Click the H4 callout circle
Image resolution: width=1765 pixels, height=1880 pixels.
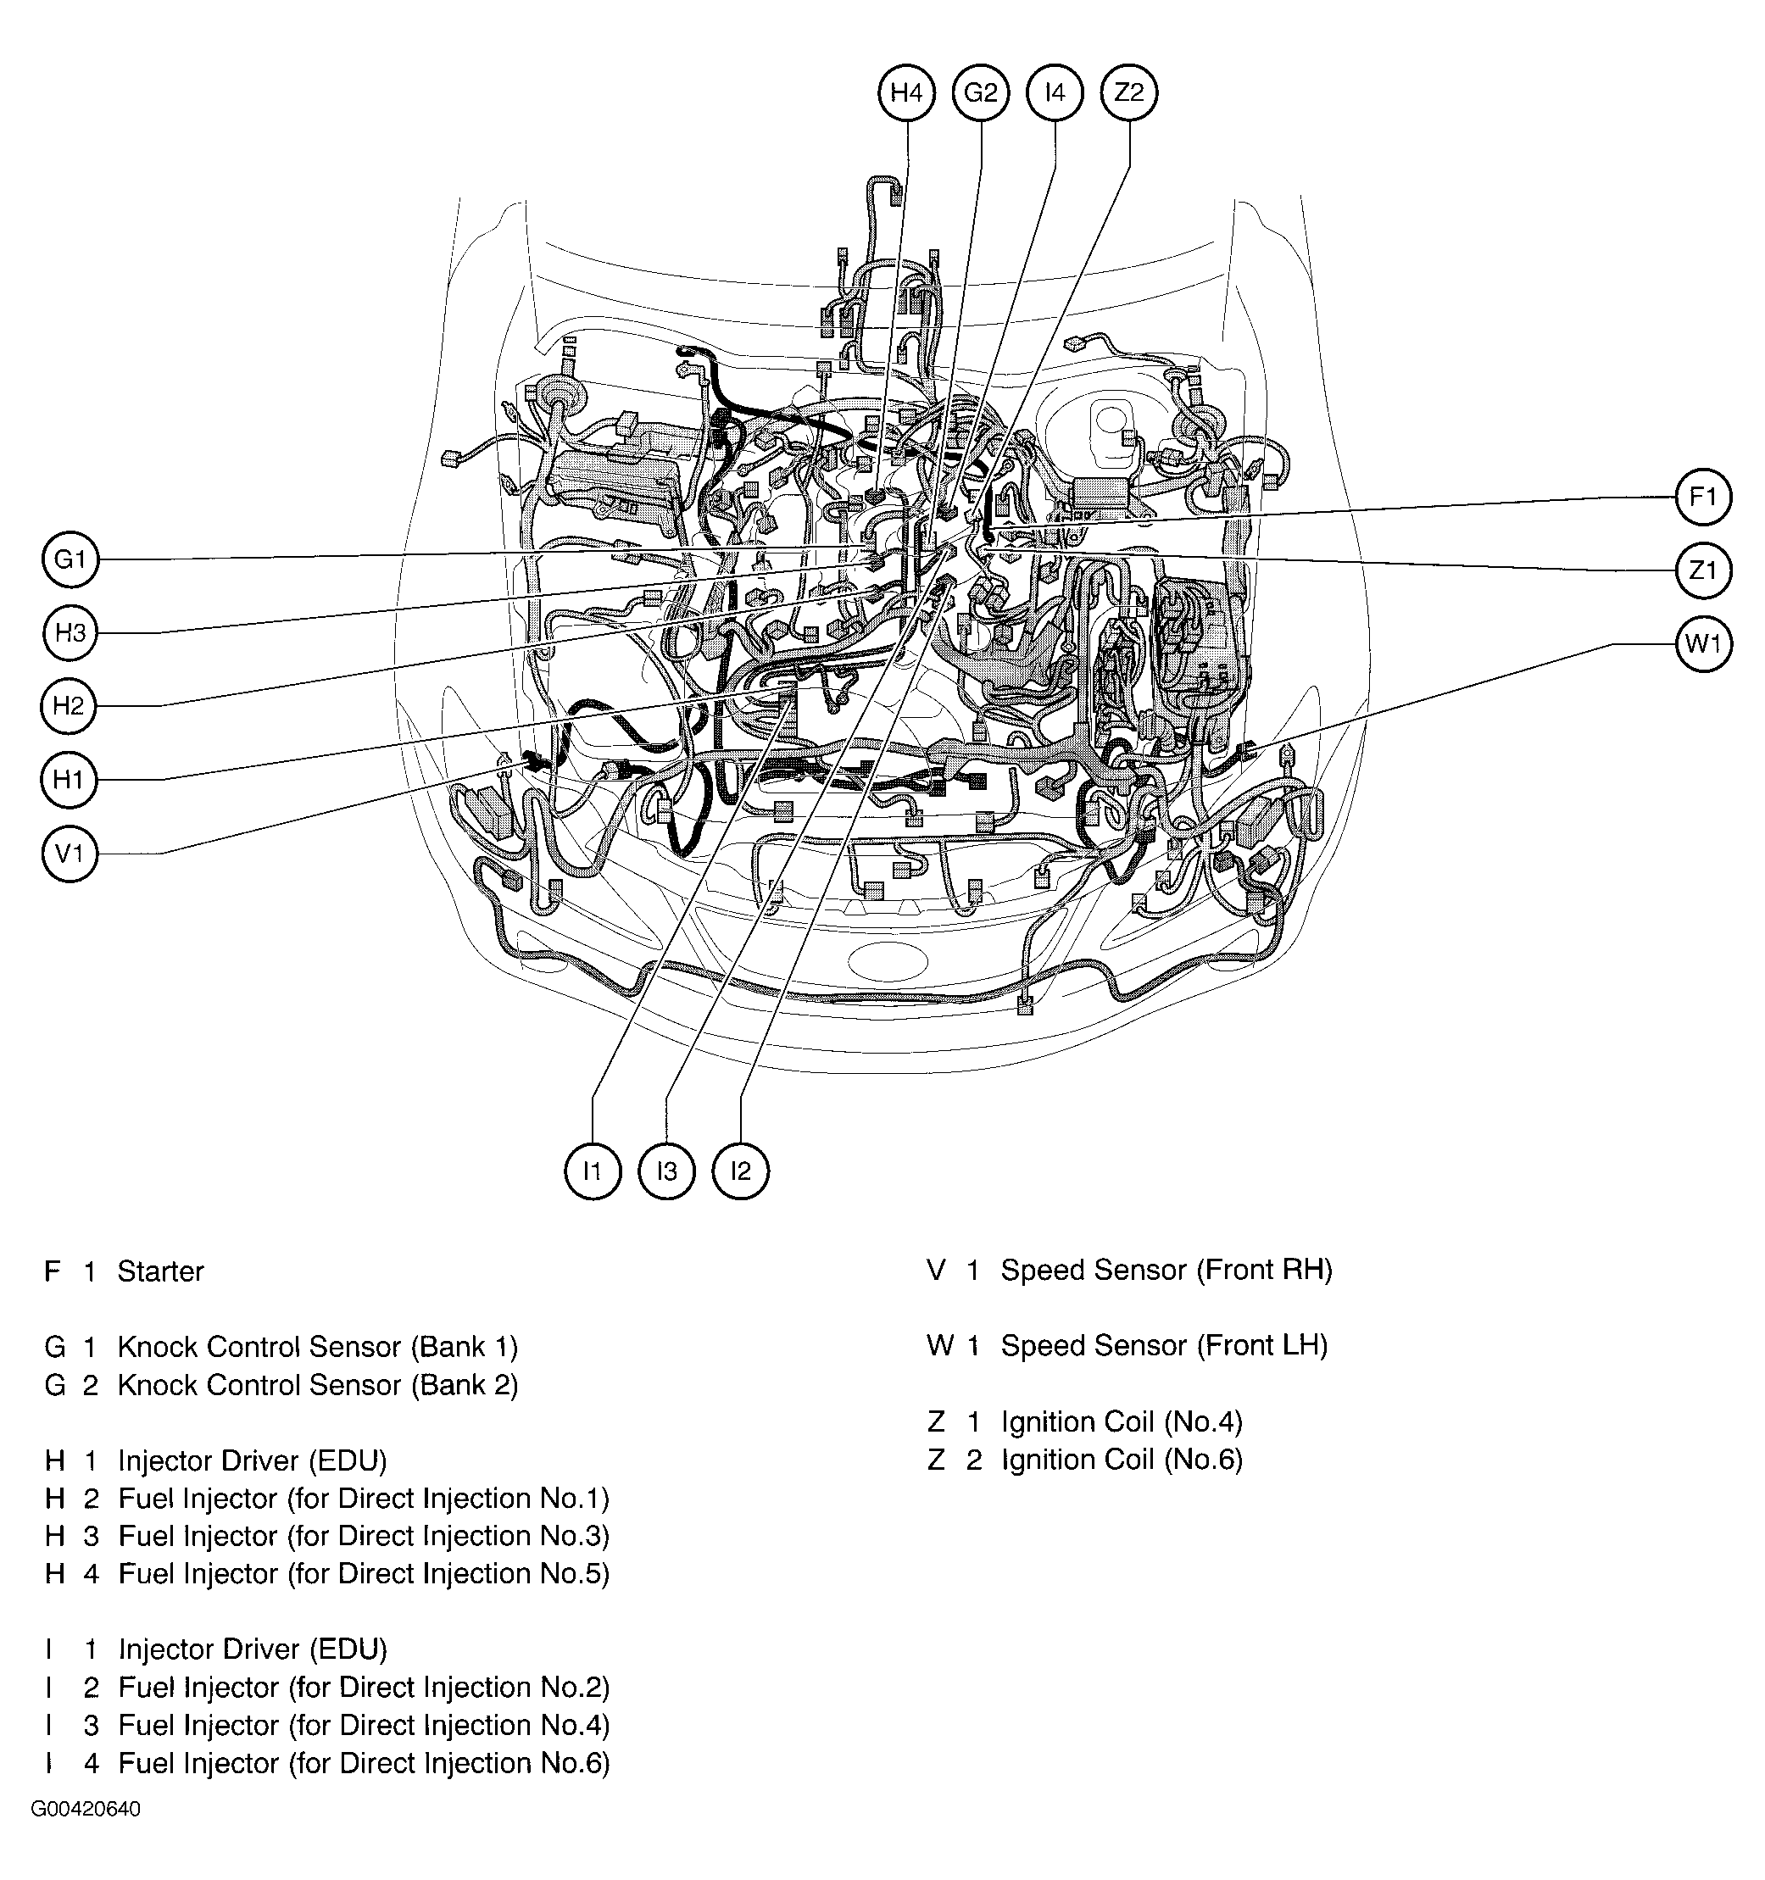tap(906, 92)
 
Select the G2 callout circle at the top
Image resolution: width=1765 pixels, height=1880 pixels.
tap(981, 92)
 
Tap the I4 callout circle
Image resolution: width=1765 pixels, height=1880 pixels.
tap(1055, 92)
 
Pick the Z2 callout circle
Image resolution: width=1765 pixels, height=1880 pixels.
tap(1129, 92)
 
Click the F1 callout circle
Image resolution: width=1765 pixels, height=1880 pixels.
tap(1703, 497)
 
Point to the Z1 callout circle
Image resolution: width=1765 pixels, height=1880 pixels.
tap(1703, 570)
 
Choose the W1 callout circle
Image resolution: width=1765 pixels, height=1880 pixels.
tap(1703, 644)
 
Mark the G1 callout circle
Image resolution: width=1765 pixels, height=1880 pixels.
tap(70, 559)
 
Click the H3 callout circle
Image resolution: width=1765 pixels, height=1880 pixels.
tap(70, 632)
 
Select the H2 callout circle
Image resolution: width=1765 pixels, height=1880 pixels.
tap(69, 705)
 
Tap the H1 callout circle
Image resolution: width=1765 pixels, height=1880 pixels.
tap(69, 780)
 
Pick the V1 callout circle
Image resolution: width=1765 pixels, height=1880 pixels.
tap(70, 854)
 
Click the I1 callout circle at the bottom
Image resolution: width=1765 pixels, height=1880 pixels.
tap(592, 1171)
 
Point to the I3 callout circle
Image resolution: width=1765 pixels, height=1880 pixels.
tap(667, 1171)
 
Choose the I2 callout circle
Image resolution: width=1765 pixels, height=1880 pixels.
tap(741, 1171)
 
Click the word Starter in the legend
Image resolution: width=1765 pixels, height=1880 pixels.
tap(160, 1272)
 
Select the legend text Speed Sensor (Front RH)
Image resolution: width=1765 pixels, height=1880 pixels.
tap(1166, 1270)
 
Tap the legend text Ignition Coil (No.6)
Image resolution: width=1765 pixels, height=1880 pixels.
tap(1122, 1460)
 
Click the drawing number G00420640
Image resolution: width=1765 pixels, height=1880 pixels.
tap(86, 1809)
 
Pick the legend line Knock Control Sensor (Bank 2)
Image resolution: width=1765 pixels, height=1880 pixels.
tap(317, 1385)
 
